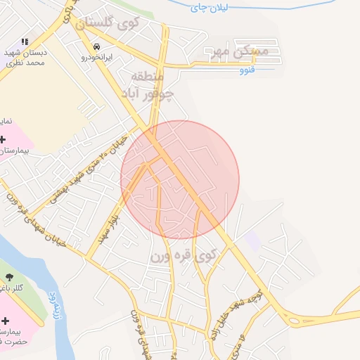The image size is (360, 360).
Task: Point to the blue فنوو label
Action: [x=246, y=70]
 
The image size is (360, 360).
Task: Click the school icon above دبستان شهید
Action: [x=26, y=42]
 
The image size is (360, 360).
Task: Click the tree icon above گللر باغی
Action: [x=10, y=278]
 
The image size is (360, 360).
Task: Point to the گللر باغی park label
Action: [x=11, y=289]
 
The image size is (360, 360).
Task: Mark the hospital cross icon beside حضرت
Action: [x=5, y=320]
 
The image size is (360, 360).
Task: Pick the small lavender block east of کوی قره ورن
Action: [x=252, y=239]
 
